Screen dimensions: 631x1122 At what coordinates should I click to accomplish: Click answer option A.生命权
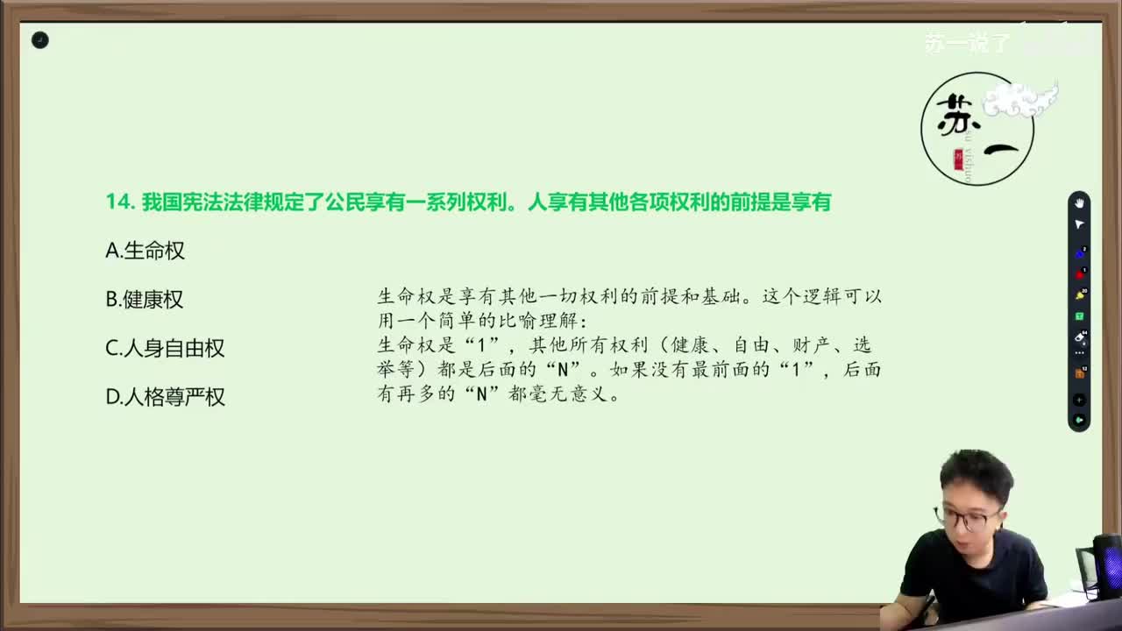coord(145,251)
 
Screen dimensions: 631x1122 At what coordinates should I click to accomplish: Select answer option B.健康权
coord(144,300)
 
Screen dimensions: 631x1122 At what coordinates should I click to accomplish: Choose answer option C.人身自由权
coord(165,348)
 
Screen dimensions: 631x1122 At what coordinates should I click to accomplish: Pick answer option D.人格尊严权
coord(165,397)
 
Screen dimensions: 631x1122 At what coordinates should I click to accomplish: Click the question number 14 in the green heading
coord(119,202)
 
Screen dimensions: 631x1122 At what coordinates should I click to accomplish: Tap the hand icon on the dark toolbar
coord(1079,203)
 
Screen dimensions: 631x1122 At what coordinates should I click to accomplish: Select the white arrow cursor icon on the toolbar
coord(1079,224)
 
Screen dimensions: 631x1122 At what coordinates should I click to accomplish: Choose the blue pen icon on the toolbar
coord(1079,254)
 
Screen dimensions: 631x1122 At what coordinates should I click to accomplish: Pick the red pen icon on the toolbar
coord(1079,274)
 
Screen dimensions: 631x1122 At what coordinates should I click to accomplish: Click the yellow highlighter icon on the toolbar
coord(1079,295)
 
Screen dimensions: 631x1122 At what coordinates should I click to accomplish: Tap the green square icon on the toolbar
coord(1079,316)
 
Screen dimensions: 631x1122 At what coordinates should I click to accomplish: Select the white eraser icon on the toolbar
coord(1079,337)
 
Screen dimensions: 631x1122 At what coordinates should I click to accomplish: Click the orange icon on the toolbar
coord(1079,373)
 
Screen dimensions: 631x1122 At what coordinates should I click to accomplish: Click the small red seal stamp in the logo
coord(958,159)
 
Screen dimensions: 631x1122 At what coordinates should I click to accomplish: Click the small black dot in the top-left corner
coord(40,40)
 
